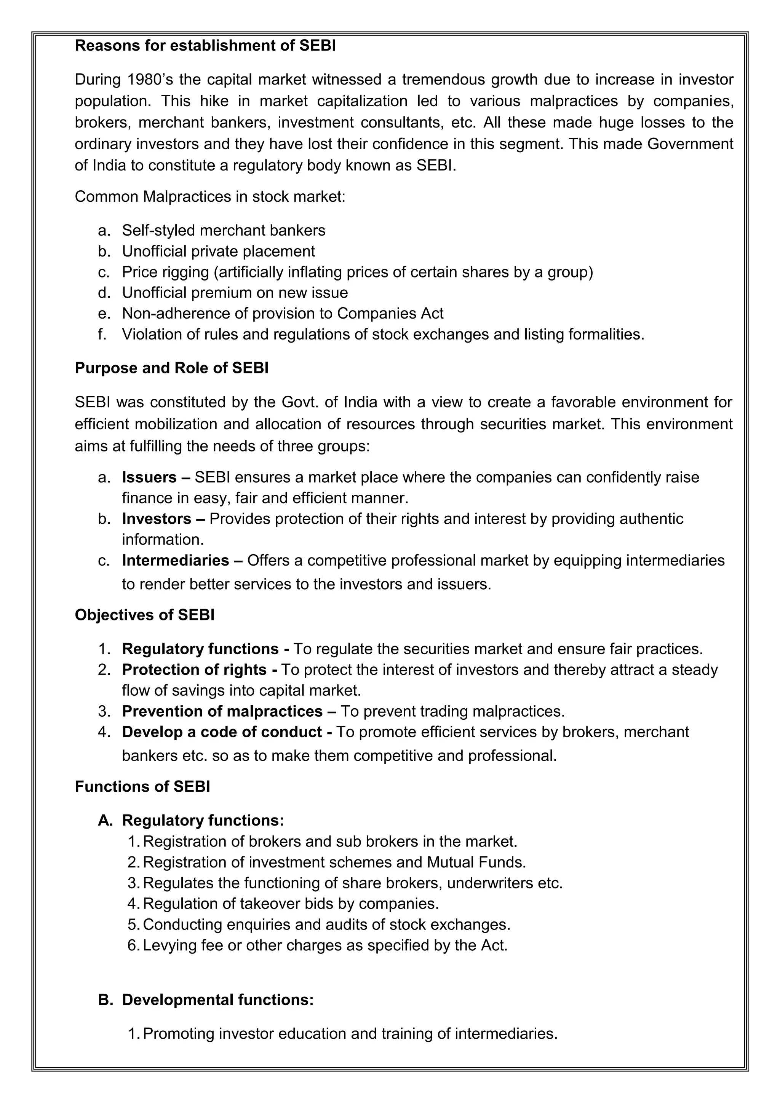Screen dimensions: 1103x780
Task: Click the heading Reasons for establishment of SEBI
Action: click(x=205, y=46)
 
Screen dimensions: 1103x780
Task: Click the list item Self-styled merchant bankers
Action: click(x=224, y=231)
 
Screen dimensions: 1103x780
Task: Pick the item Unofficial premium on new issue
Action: click(x=235, y=293)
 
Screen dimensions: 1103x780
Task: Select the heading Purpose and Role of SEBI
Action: click(x=171, y=368)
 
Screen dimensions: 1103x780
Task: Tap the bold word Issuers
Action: click(x=149, y=478)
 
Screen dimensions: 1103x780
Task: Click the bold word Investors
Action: click(x=157, y=519)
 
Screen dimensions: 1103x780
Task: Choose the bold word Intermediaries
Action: click(x=176, y=561)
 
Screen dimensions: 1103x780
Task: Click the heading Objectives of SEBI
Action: click(x=145, y=615)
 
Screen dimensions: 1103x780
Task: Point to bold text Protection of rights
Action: click(x=194, y=670)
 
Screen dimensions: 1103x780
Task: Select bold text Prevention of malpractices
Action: click(x=222, y=711)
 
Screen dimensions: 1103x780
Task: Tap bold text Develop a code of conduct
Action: click(x=222, y=732)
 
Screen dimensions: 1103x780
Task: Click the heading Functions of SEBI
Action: click(x=142, y=787)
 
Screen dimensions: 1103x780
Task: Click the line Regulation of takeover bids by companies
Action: click(x=291, y=904)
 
